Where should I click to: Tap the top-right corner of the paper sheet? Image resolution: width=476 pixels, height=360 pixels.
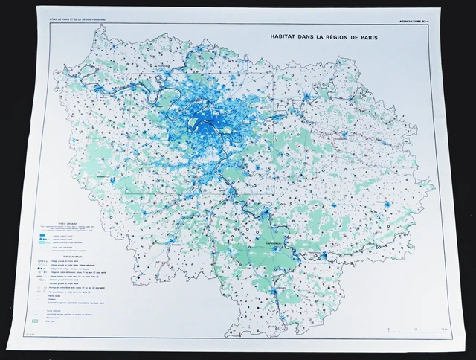coord(454,10)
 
